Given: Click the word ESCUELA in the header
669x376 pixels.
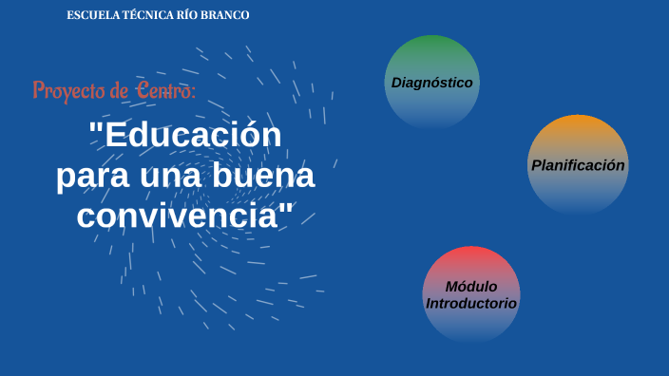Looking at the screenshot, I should pos(90,16).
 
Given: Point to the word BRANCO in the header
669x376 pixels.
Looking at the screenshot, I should pos(226,16).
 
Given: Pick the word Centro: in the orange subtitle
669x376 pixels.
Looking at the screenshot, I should pos(166,90).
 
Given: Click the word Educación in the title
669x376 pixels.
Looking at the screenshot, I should pos(194,136).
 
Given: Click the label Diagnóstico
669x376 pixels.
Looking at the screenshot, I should pos(431,83).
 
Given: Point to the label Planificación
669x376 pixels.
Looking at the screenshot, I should pos(578,165).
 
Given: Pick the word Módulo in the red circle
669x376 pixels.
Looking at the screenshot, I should pos(471,287).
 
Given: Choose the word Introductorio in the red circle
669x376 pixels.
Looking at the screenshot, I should pos(471,303).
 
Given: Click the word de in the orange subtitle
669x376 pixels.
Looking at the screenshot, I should pos(119,91).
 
